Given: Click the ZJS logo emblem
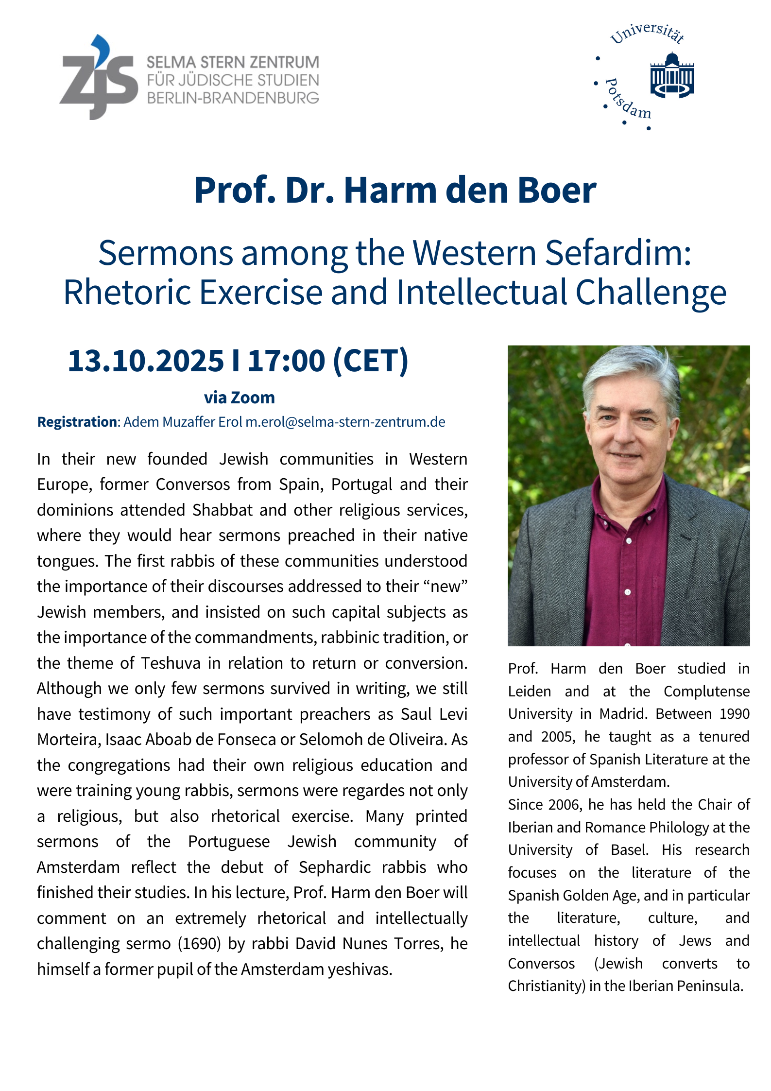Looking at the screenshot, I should [99, 78].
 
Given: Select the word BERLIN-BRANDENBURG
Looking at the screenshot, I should [233, 98].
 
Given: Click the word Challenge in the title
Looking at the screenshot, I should [651, 293].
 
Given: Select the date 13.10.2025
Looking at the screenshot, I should [146, 361].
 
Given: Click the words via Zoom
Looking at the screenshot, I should [239, 398].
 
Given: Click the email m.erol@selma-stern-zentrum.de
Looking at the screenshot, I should [345, 422].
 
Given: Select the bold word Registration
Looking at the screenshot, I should [77, 422].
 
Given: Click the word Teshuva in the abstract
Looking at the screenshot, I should [171, 663].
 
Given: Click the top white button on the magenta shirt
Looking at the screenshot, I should [629, 540].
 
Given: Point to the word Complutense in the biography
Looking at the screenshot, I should [706, 691].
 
